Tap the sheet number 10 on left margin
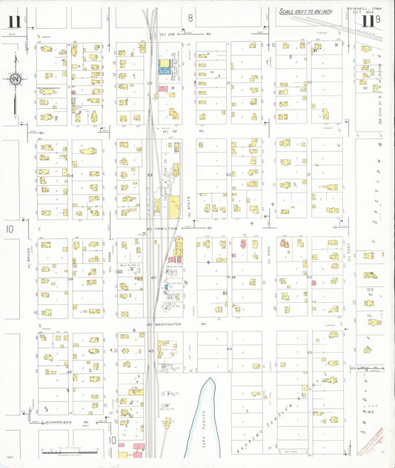(x=10, y=230)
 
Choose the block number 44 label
(x=229, y=348)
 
